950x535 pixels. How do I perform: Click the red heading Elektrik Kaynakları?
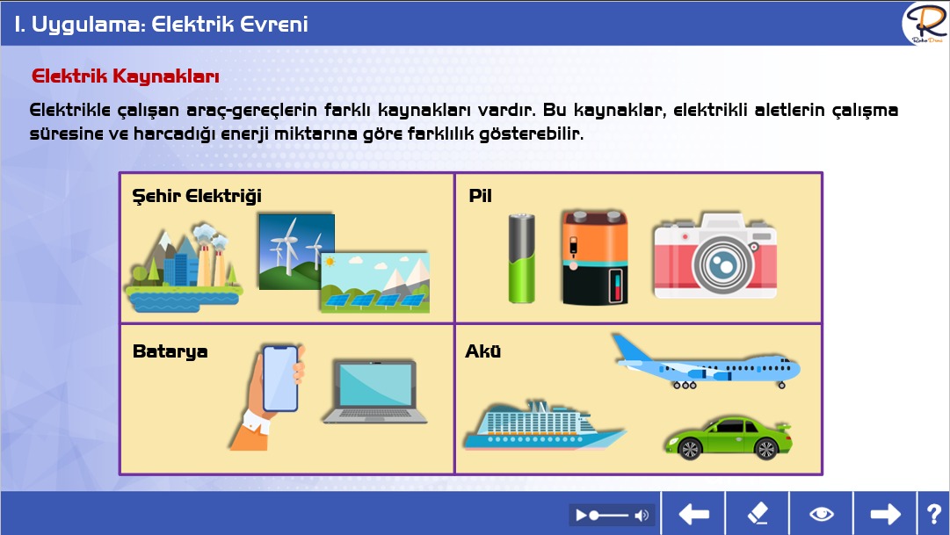pos(126,76)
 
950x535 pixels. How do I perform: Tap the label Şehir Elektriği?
pos(197,196)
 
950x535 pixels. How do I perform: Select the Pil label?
pos(480,196)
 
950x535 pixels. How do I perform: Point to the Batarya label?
pos(170,351)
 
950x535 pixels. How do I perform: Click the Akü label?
pos(482,351)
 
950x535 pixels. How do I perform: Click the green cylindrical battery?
pos(522,258)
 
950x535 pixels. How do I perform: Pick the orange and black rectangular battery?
pos(594,257)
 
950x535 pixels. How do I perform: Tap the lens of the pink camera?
pos(722,264)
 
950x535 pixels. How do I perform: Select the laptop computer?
pos(375,392)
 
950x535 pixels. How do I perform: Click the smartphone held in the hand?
pos(280,378)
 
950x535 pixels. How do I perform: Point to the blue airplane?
pos(706,362)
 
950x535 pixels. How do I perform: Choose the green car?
pos(729,437)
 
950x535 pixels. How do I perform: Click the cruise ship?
pos(543,426)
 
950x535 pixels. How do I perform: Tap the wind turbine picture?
pos(296,251)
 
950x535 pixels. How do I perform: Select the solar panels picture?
pos(375,283)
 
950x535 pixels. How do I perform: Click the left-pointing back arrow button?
pos(693,514)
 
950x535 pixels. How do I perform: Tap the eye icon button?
pos(822,514)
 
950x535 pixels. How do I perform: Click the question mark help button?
pos(933,514)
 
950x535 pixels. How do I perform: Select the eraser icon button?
pos(758,514)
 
